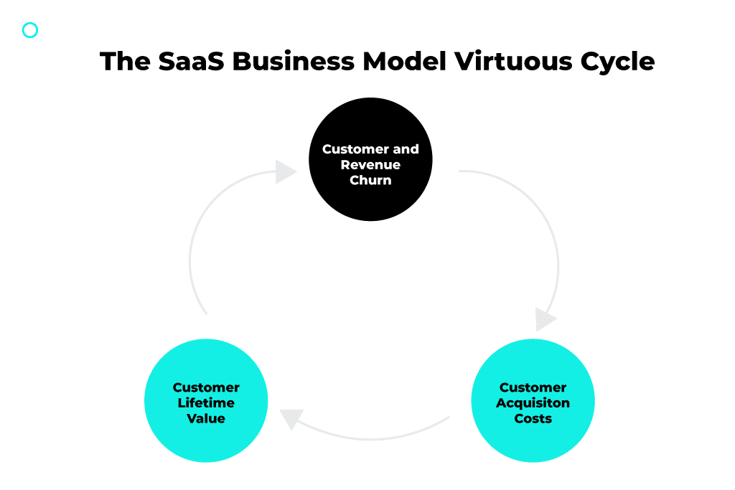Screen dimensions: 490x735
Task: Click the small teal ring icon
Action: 30,30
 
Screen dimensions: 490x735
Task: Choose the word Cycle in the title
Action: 616,61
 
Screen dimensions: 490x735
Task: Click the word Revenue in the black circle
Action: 370,165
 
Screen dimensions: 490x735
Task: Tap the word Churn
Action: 370,180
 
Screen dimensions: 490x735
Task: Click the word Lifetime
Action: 206,403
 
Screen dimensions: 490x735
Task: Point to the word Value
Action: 206,418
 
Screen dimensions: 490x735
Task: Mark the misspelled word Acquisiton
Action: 533,403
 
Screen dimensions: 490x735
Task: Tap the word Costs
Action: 533,418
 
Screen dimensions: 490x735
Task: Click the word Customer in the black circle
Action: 355,149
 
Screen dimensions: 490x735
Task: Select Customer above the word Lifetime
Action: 206,387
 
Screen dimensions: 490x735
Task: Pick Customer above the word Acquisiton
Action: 533,387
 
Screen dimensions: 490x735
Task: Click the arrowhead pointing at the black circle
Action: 286,172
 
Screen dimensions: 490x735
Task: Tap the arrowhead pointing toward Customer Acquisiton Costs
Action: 546,319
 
